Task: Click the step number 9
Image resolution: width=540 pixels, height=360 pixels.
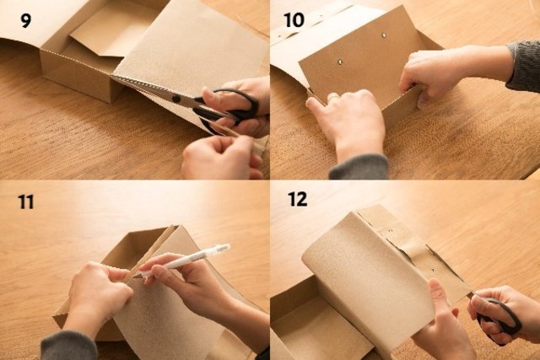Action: [26, 21]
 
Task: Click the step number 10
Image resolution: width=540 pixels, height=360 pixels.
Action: [294, 20]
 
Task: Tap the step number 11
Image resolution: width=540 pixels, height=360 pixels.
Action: [26, 202]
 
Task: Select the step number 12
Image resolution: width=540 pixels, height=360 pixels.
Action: [298, 199]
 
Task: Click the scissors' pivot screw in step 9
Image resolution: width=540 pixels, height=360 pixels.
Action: [176, 99]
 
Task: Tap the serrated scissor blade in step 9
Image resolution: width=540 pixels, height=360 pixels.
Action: [144, 87]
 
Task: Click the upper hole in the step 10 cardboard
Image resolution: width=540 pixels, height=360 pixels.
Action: [384, 35]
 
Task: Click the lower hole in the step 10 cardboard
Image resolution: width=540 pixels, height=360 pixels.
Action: [340, 62]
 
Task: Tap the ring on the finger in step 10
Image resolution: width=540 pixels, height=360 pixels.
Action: [332, 98]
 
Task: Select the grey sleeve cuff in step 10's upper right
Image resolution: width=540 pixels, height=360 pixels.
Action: [523, 66]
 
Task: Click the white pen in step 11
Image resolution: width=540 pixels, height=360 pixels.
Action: [182, 261]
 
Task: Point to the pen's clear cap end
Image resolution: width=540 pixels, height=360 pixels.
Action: [220, 249]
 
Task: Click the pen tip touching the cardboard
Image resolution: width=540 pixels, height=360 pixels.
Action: [135, 277]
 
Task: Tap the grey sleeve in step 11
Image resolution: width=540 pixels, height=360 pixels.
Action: [68, 346]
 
